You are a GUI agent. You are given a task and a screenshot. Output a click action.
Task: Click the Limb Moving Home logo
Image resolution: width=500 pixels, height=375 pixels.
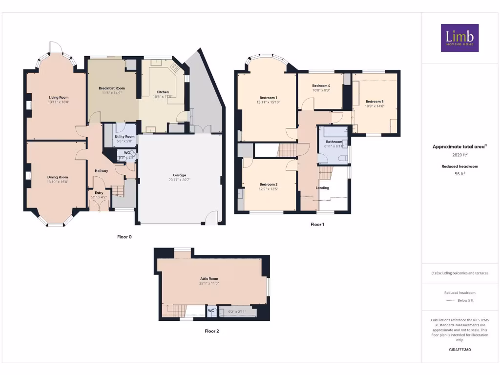click(x=459, y=38)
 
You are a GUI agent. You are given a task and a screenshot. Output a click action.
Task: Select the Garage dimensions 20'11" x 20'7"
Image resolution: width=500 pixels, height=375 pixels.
click(x=180, y=180)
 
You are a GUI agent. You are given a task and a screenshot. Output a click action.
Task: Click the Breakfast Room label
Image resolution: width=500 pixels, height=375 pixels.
click(x=111, y=88)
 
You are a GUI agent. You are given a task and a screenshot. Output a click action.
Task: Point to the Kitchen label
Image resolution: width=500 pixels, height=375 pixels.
click(x=163, y=92)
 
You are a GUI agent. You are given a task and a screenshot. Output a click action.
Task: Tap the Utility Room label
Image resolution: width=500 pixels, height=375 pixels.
click(x=125, y=137)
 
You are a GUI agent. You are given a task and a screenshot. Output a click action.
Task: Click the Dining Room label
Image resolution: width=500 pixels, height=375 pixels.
click(x=58, y=177)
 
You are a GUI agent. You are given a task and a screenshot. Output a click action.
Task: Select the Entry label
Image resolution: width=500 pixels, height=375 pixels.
click(x=99, y=193)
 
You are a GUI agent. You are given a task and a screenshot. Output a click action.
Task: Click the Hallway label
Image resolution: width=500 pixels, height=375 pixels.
click(x=101, y=170)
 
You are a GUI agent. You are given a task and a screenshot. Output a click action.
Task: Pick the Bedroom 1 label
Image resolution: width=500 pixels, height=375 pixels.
click(x=268, y=98)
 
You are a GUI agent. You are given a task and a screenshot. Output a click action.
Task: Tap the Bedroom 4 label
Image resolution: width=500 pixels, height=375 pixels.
click(x=321, y=85)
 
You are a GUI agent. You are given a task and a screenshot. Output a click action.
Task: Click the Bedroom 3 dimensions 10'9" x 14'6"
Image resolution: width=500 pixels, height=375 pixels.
click(x=375, y=106)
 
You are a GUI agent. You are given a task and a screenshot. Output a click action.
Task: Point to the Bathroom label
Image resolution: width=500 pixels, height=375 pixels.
click(x=334, y=142)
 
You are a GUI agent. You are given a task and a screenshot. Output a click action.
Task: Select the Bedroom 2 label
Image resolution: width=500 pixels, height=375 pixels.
click(x=269, y=184)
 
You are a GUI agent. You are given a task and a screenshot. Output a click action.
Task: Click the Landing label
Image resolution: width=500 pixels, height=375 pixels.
click(x=322, y=187)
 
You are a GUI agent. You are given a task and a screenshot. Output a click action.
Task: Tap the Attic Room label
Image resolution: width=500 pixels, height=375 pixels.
click(x=208, y=278)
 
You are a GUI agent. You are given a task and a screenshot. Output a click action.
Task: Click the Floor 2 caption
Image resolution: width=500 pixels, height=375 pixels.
click(x=211, y=331)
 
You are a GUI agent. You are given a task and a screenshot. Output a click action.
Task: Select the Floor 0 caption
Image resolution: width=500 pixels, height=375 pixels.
click(x=124, y=237)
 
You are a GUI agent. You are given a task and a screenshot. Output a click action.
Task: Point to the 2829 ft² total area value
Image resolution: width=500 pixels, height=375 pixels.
click(x=459, y=155)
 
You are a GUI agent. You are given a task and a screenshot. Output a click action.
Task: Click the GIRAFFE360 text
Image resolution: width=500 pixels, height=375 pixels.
click(x=459, y=350)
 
